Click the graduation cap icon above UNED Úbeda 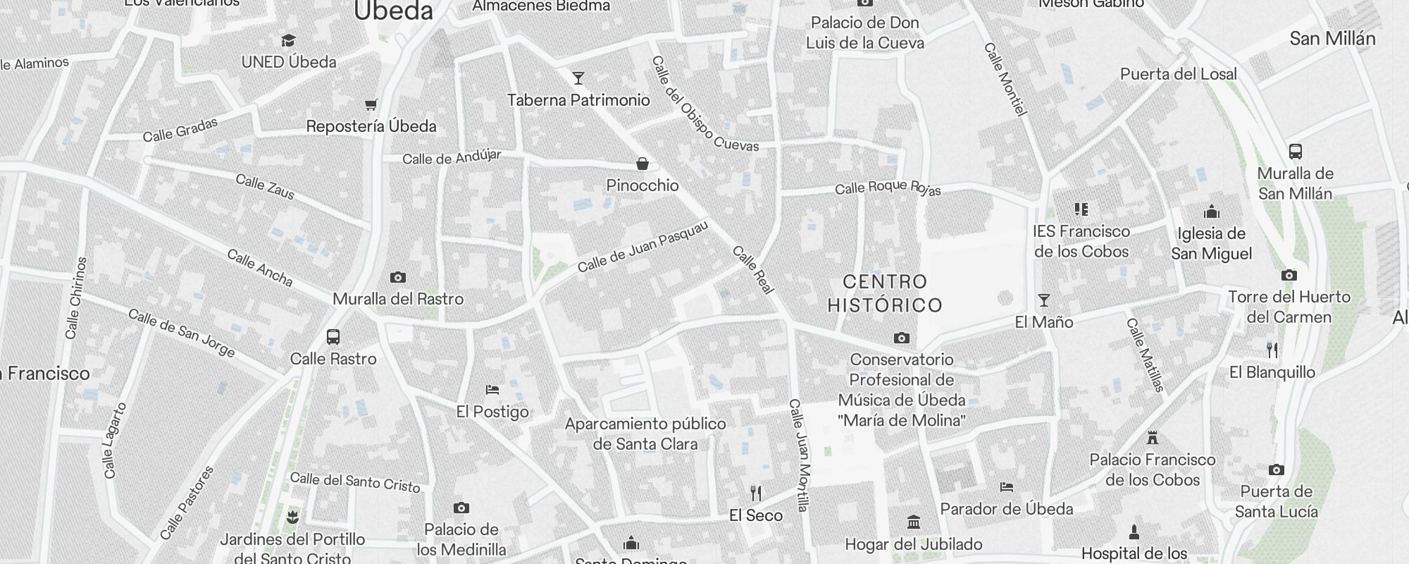click(288, 40)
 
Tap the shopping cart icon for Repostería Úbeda click(371, 105)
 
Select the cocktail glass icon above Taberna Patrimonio click(578, 78)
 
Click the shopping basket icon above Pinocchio click(643, 164)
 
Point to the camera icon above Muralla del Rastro click(398, 278)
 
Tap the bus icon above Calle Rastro click(333, 337)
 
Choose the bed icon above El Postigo click(492, 390)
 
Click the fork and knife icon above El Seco click(756, 493)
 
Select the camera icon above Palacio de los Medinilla click(461, 508)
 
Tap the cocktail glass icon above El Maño click(1044, 301)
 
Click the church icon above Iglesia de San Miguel click(1212, 211)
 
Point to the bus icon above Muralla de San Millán click(1295, 152)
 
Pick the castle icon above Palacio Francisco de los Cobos click(1153, 438)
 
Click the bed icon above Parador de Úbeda click(1007, 487)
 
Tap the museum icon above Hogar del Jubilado click(914, 522)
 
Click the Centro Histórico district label click(885, 293)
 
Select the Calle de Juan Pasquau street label click(643, 246)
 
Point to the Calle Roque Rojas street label click(888, 188)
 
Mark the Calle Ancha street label click(259, 268)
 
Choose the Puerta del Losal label click(1179, 74)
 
